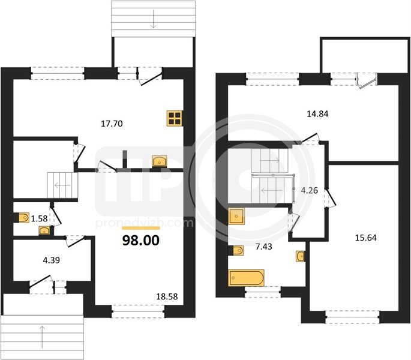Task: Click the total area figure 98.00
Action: click(141, 241)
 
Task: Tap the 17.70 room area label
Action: click(112, 124)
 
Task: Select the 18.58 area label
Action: click(167, 296)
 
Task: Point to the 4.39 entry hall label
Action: click(52, 260)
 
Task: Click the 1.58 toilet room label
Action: click(40, 218)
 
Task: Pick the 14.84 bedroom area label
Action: click(317, 114)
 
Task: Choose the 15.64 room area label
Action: click(365, 238)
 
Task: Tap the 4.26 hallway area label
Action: click(309, 190)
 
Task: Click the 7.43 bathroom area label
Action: click(263, 247)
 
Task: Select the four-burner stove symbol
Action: click(175, 119)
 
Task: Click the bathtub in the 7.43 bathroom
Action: click(247, 278)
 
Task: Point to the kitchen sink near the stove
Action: click(160, 161)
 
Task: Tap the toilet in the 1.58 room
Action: click(24, 217)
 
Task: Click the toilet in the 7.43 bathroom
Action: click(238, 250)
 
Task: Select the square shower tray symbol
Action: click(236, 217)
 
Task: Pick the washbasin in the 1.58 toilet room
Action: click(44, 231)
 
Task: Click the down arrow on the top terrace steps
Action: click(154, 20)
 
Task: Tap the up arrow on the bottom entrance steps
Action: click(42, 337)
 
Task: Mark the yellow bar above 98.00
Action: click(141, 228)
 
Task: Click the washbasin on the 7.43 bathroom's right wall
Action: click(301, 256)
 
